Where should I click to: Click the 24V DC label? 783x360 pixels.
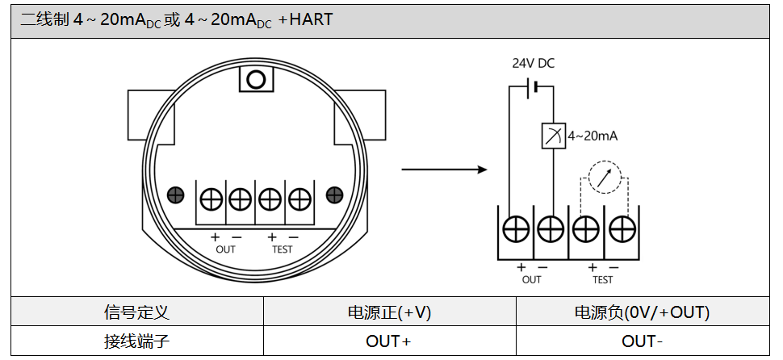click(x=533, y=64)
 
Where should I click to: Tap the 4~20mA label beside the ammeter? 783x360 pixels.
click(x=592, y=136)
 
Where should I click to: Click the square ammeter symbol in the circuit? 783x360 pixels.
click(x=553, y=136)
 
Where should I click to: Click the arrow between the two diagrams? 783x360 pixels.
click(x=445, y=170)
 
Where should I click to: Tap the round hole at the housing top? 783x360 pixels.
click(x=257, y=79)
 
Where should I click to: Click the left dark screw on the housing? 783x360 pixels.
click(x=175, y=195)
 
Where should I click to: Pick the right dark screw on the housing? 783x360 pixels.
click(x=335, y=195)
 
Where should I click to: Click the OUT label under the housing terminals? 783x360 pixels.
click(x=226, y=249)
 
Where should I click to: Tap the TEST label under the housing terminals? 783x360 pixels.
click(x=282, y=249)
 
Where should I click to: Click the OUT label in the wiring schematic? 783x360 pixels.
click(x=531, y=280)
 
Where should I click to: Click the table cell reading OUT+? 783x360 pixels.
click(x=388, y=341)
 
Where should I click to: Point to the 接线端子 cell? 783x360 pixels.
click(x=136, y=341)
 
